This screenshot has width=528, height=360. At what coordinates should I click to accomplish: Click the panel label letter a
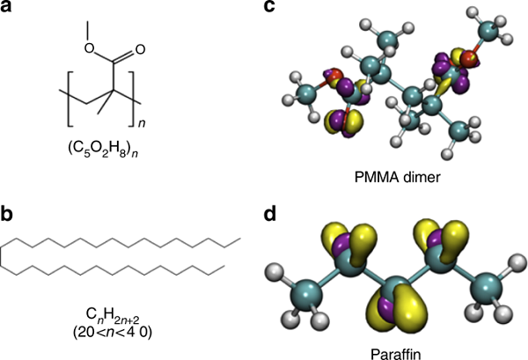pos(7,10)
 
